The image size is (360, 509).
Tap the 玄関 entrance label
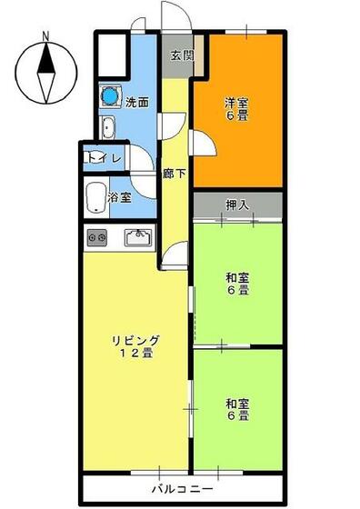pos(181,55)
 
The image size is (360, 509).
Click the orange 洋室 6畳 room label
pos(237,109)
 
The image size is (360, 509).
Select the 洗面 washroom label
pos(137,102)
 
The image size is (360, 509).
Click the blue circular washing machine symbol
pos(111,95)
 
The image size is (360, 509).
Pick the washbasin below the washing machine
pos(108,127)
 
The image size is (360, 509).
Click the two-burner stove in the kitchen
pos(96,238)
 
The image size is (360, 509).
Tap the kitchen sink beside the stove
pos(138,238)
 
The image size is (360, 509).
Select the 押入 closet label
pos(237,205)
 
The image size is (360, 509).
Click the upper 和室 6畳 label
pos(237,284)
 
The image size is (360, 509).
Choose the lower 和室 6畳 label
pos(237,409)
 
